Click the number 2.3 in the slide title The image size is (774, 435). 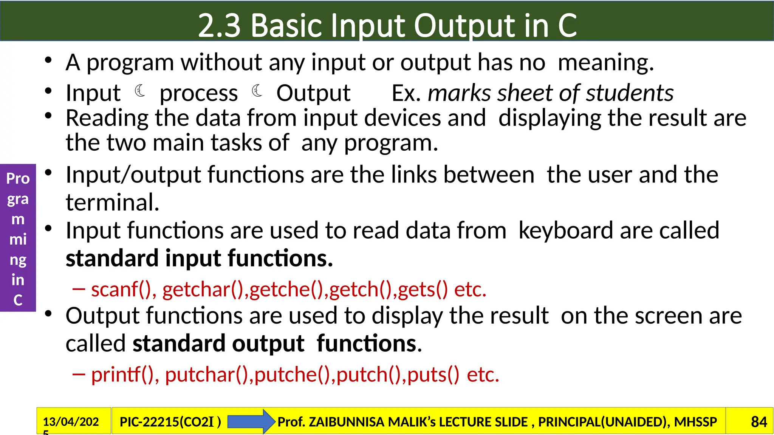pos(219,26)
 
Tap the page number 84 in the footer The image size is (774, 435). pos(759,422)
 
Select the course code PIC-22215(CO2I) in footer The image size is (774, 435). pos(170,422)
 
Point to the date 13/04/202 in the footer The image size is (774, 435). pos(71,422)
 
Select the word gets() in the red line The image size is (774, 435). pos(423,290)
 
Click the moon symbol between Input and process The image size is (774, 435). pos(140,91)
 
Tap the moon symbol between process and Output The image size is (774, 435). pos(257,91)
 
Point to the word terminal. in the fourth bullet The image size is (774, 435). pos(112,202)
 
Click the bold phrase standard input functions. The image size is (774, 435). pos(199,259)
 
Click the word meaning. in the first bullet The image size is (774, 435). pos(605,62)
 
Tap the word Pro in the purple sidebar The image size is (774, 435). pos(18,179)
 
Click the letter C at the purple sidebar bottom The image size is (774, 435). pos(18,300)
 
